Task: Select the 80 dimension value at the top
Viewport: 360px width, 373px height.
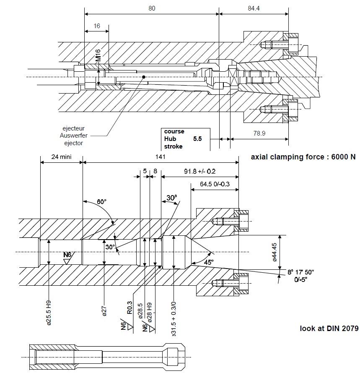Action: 152,8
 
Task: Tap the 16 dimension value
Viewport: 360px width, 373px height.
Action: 97,26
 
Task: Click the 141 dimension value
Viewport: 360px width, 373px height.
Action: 160,157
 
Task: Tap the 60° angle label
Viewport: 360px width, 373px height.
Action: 102,202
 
